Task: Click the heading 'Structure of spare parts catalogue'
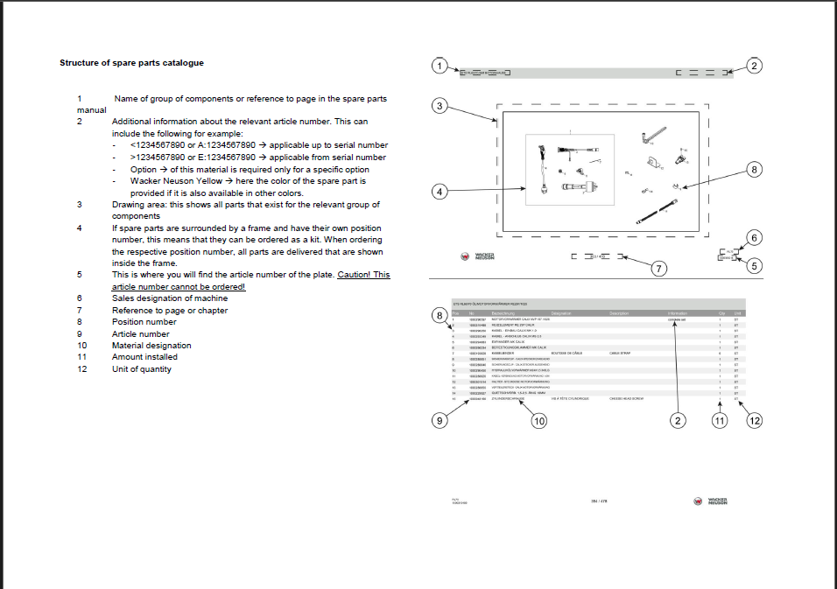131,63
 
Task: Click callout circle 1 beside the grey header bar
441,66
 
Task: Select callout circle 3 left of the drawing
441,106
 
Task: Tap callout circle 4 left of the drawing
441,190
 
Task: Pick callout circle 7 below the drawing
659,269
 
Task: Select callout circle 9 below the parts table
441,421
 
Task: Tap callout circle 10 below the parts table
539,421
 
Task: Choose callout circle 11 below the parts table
720,421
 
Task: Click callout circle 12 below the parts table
755,421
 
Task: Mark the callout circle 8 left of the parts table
441,314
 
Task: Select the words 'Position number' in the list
144,322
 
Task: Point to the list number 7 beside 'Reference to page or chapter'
80,311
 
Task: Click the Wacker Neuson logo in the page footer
711,501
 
